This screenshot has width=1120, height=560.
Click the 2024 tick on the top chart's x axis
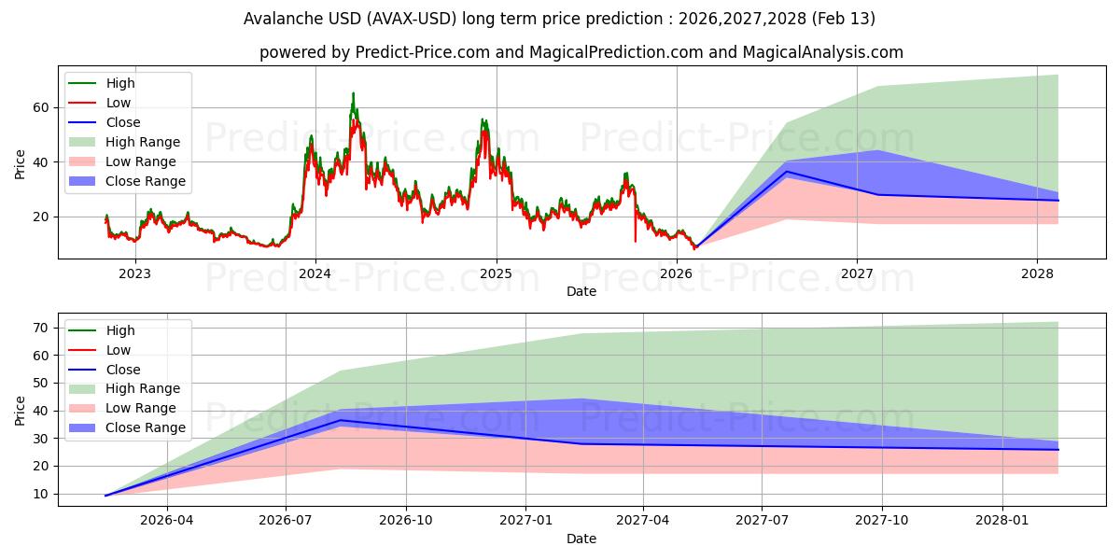[x=315, y=273]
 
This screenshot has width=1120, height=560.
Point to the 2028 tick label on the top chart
[x=1037, y=273]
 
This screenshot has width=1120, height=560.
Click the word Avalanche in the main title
[x=277, y=19]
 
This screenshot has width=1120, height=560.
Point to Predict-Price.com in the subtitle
[x=423, y=52]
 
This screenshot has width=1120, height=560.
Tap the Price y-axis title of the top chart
[x=21, y=162]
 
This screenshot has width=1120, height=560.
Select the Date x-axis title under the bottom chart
[x=581, y=539]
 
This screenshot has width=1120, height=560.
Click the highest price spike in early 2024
[x=353, y=93]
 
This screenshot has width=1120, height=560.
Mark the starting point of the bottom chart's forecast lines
[x=105, y=496]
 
